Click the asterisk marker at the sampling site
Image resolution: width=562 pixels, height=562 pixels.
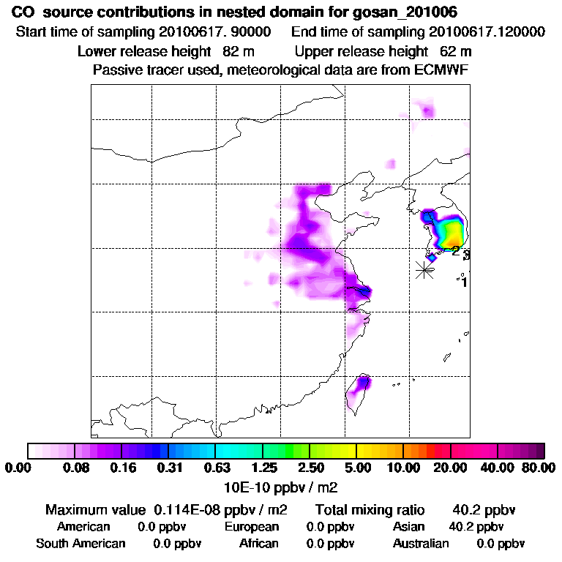pyautogui.click(x=424, y=270)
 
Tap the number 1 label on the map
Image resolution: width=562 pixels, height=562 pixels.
pyautogui.click(x=464, y=282)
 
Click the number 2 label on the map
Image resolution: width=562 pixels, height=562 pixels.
pyautogui.click(x=455, y=251)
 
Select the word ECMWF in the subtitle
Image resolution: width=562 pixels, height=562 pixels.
pyautogui.click(x=441, y=70)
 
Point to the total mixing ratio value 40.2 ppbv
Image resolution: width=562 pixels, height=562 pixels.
pyautogui.click(x=481, y=509)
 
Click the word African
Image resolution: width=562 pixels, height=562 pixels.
pyautogui.click(x=259, y=544)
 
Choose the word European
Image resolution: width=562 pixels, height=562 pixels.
pyautogui.click(x=252, y=527)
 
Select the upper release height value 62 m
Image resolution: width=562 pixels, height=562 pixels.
pyautogui.click(x=456, y=51)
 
